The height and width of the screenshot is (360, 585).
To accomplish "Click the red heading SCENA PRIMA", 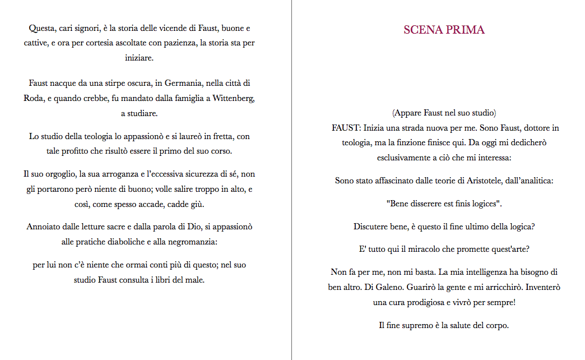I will coord(444,30).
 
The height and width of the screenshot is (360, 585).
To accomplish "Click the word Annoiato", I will coord(43,227).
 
